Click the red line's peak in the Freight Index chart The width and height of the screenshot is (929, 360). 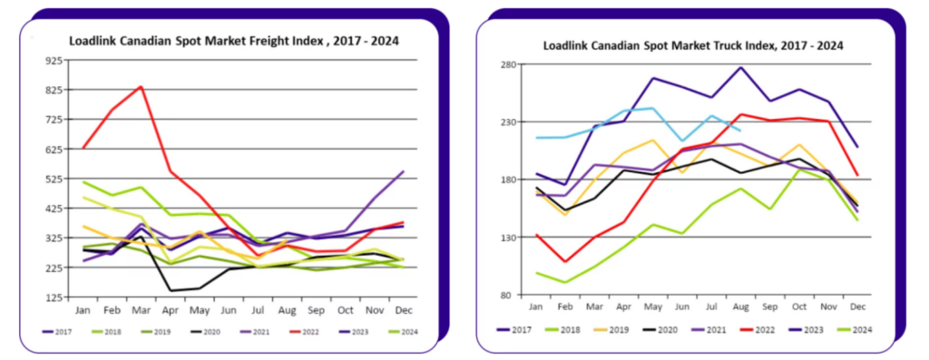[x=141, y=86]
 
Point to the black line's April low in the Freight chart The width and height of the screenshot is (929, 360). [x=171, y=291]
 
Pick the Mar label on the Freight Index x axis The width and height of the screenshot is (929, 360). [x=141, y=310]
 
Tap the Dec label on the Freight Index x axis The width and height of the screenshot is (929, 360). [x=404, y=310]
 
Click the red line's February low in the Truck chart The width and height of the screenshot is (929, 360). [x=564, y=262]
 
